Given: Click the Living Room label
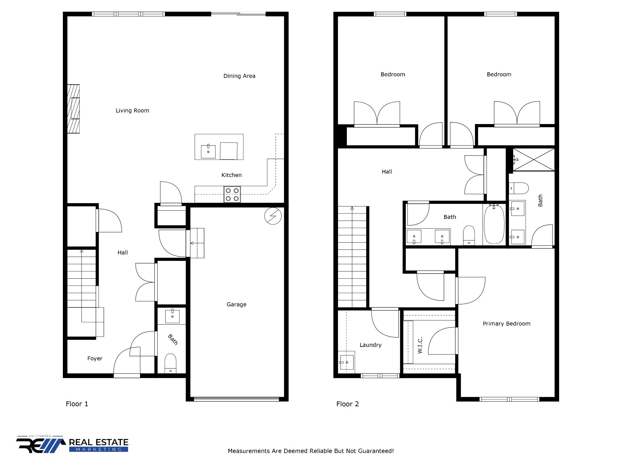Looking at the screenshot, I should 132,111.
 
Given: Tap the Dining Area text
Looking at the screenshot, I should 239,76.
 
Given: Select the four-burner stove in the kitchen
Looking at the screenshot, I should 232,195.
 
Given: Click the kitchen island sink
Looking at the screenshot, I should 208,152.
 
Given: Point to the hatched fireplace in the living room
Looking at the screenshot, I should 73,109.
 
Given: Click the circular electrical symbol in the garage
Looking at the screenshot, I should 273,216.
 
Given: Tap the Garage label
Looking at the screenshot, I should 236,304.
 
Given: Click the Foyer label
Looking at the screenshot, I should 95,358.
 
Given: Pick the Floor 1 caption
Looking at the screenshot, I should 77,404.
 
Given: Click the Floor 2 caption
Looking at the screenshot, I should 347,404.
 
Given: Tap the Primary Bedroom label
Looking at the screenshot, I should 506,323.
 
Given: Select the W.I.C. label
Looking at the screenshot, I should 420,345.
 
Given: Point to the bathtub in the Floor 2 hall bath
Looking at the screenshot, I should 494,225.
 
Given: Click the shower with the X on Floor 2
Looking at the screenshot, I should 533,160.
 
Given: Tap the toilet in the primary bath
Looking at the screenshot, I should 519,188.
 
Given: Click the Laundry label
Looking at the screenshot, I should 370,345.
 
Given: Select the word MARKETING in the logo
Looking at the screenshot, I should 98,449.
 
